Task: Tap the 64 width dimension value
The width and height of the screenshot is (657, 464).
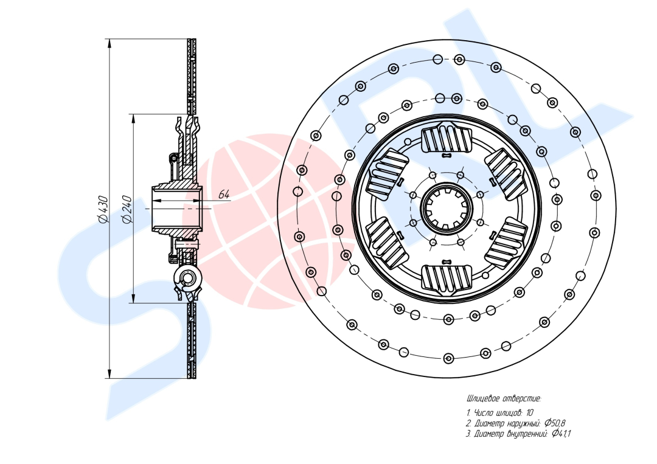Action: coord(224,195)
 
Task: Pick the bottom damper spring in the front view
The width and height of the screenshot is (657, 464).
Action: coord(447,278)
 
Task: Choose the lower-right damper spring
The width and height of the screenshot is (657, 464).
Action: coord(506,242)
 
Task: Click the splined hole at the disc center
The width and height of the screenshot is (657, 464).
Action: coord(447,208)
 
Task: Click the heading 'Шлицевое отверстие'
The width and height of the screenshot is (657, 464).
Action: coord(503,399)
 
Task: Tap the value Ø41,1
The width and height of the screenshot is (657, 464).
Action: coord(561,434)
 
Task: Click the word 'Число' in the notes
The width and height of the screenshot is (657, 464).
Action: coord(484,413)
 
